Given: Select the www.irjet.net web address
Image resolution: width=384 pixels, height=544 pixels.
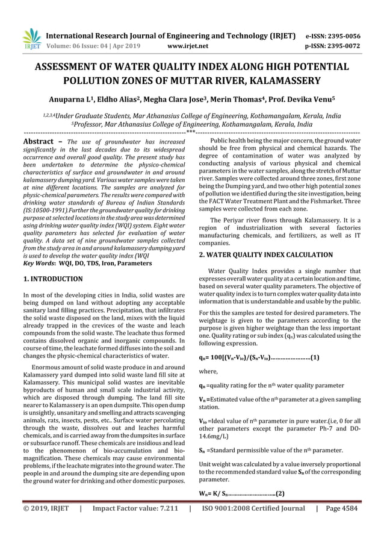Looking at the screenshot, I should (x=189, y=45).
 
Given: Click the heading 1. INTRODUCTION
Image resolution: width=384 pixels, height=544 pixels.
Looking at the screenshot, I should (x=52, y=279).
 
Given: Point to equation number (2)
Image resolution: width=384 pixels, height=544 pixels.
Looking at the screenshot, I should (x=280, y=494).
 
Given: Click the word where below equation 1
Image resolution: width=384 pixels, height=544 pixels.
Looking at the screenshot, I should (x=208, y=372).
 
